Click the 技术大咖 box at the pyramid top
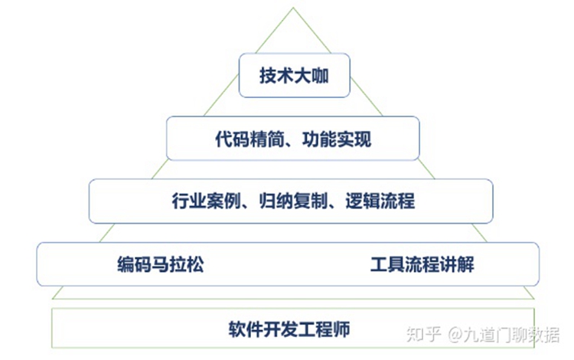294,75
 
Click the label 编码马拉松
161,265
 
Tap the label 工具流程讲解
422,265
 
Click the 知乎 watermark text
426,334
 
